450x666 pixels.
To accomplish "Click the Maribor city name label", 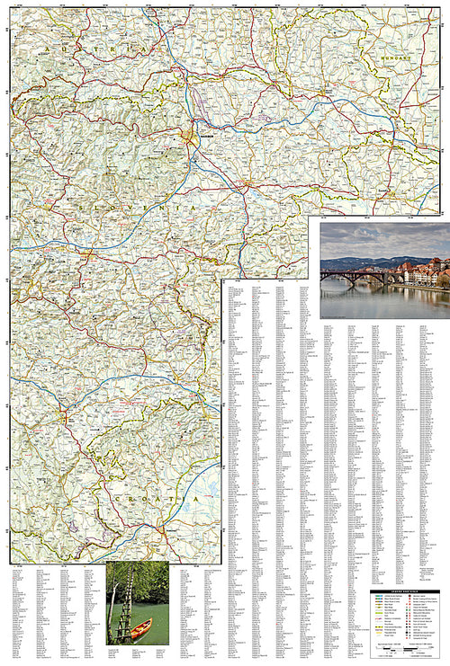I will coord(204,138).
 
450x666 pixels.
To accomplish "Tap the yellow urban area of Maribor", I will coord(189,137).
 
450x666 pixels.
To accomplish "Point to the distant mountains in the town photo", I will coord(360,262).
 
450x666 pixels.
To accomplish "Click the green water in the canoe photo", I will coord(153,611).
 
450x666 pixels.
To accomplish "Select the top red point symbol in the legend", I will coord(413,596).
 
